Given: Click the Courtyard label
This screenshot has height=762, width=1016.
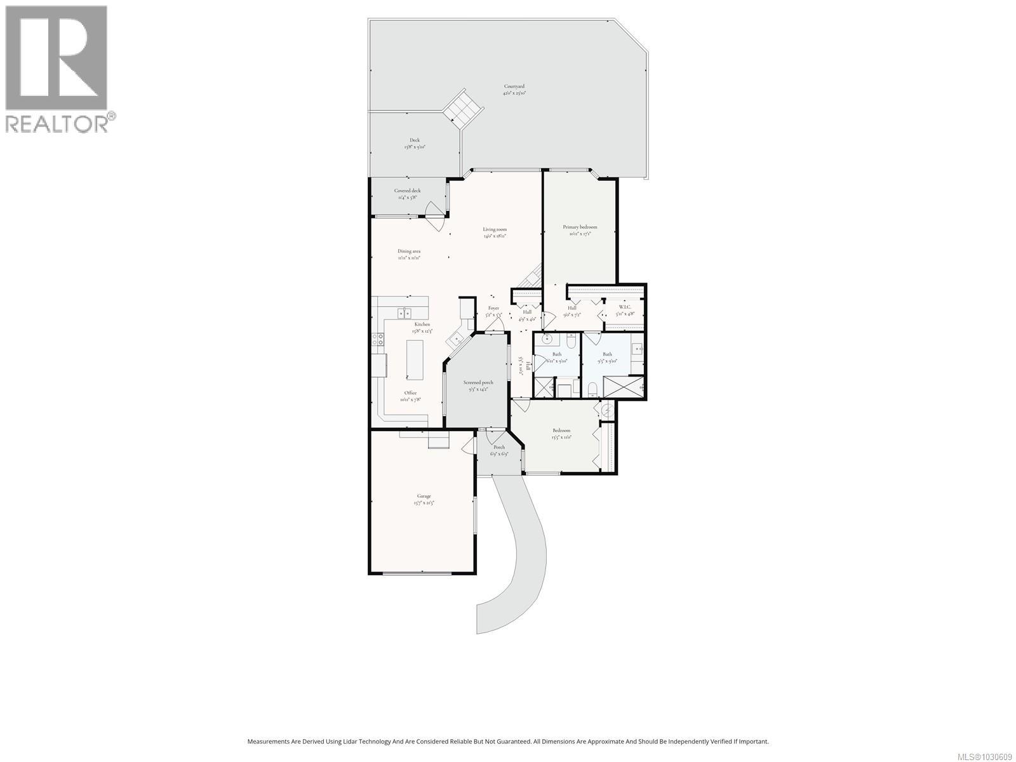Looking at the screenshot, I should [x=514, y=86].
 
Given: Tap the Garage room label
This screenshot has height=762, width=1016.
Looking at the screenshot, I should [x=424, y=496].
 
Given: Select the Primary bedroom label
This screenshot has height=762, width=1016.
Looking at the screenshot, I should [x=580, y=227].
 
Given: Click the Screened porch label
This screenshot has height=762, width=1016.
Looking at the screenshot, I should [x=478, y=382].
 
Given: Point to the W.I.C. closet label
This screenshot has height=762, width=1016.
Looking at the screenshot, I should [x=624, y=307].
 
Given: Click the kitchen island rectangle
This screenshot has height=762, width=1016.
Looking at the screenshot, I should [x=414, y=359].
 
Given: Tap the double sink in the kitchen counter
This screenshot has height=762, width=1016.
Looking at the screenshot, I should [x=404, y=312].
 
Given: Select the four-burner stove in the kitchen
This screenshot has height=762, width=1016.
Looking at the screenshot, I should [x=379, y=340].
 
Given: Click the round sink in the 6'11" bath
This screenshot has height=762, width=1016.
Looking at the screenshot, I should [x=547, y=339].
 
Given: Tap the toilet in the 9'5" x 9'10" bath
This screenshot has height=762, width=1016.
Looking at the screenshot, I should [x=592, y=388].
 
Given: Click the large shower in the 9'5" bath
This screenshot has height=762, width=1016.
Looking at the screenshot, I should [x=623, y=386].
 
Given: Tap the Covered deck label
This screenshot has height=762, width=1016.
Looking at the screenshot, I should [x=407, y=190].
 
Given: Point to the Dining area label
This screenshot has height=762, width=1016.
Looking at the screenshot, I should [x=409, y=251].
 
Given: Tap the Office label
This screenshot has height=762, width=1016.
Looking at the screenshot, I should [x=410, y=392].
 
